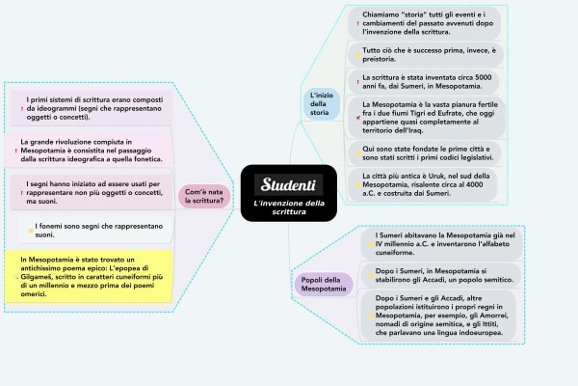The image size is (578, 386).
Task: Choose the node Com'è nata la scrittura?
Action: click(203, 197)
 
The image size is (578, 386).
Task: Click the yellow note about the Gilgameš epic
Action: click(91, 277)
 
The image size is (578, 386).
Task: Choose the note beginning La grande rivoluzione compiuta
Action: click(91, 150)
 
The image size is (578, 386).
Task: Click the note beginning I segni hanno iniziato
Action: click(92, 192)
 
